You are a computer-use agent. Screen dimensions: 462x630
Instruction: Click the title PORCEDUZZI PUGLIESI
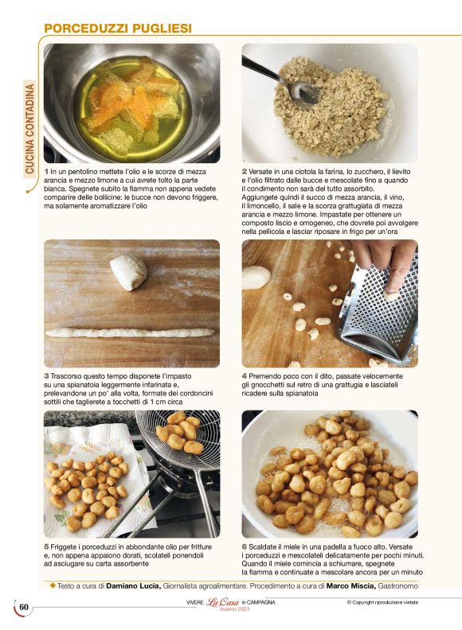pyautogui.click(x=118, y=28)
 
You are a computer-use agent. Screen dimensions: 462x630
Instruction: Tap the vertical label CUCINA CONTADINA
pyautogui.click(x=29, y=129)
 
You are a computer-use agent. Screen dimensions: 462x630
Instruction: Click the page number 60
pyautogui.click(x=24, y=607)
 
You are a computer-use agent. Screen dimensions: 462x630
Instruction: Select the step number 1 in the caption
pyautogui.click(x=46, y=172)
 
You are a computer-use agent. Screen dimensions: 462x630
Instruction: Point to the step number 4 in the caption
pyautogui.click(x=245, y=376)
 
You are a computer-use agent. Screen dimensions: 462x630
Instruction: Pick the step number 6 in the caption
pyautogui.click(x=245, y=546)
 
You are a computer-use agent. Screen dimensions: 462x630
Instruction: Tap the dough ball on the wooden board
pyautogui.click(x=128, y=273)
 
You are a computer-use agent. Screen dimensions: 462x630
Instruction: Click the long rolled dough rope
pyautogui.click(x=130, y=332)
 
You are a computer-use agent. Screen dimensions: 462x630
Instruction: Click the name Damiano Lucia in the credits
pyautogui.click(x=134, y=586)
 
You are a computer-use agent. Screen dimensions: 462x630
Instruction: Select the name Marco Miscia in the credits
pyautogui.click(x=351, y=586)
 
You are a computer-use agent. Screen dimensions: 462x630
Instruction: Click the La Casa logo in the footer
pyautogui.click(x=223, y=602)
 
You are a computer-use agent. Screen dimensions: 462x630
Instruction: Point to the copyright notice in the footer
pyautogui.click(x=382, y=602)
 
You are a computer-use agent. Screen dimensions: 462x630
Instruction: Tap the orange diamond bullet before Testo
pyautogui.click(x=53, y=585)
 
